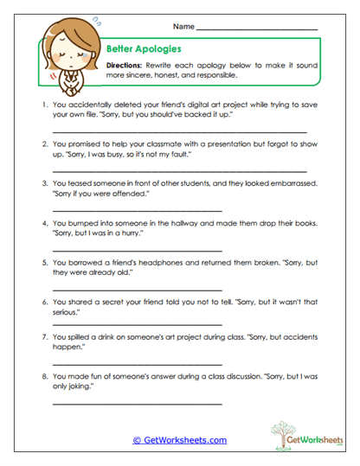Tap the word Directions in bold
click(x=126, y=66)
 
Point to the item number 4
click(x=43, y=220)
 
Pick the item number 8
click(x=43, y=376)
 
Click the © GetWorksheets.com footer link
click(x=179, y=440)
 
